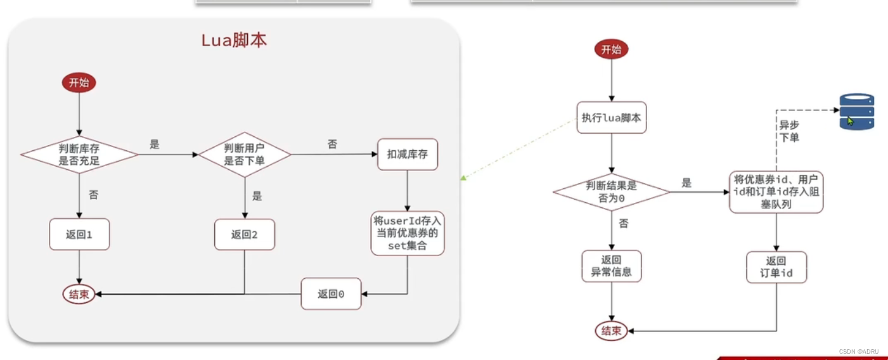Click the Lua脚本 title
pos(234,41)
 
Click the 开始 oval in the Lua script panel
pos(79,83)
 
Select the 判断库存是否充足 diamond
pos(80,154)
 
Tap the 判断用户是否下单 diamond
pos(245,154)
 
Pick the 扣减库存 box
pos(408,154)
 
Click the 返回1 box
pos(79,235)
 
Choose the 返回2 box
pos(245,235)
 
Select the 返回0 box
pos(331,294)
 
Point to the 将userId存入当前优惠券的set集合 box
pos(408,233)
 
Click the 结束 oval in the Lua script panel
pos(79,294)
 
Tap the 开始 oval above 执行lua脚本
pos(611,49)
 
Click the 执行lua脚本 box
pos(611,117)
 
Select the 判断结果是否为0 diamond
pos(611,191)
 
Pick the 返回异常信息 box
pos(611,266)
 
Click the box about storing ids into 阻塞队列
pos(776,191)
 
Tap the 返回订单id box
pos(776,267)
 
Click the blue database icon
pos(856,112)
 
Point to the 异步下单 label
pos(788,131)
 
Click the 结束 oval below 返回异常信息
pos(611,330)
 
